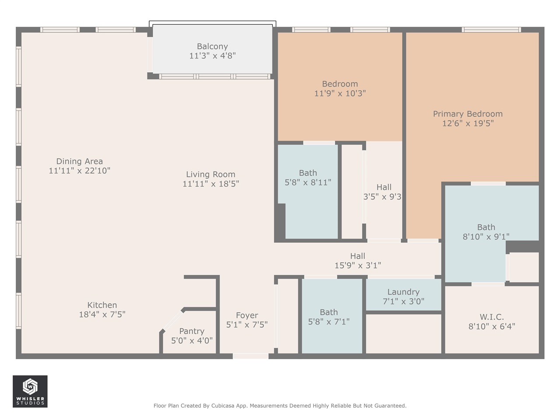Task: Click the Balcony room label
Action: (212, 46)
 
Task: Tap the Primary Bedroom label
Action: (468, 114)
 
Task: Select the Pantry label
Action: (192, 331)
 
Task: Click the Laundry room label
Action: (403, 292)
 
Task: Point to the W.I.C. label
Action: (492, 317)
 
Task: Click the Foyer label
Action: (247, 315)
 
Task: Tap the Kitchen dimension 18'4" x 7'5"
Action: (102, 314)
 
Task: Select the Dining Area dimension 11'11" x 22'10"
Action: (79, 171)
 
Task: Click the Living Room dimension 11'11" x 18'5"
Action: (210, 184)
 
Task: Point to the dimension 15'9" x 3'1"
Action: (357, 265)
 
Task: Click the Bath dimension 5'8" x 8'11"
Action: (308, 182)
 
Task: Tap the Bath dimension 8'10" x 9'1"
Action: (486, 237)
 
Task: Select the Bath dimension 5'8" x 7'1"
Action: (329, 322)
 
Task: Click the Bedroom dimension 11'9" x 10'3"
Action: (340, 93)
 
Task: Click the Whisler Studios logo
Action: (30, 391)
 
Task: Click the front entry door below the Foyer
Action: (250, 356)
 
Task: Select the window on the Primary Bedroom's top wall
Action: (491, 30)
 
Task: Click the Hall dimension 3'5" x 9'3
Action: (382, 197)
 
